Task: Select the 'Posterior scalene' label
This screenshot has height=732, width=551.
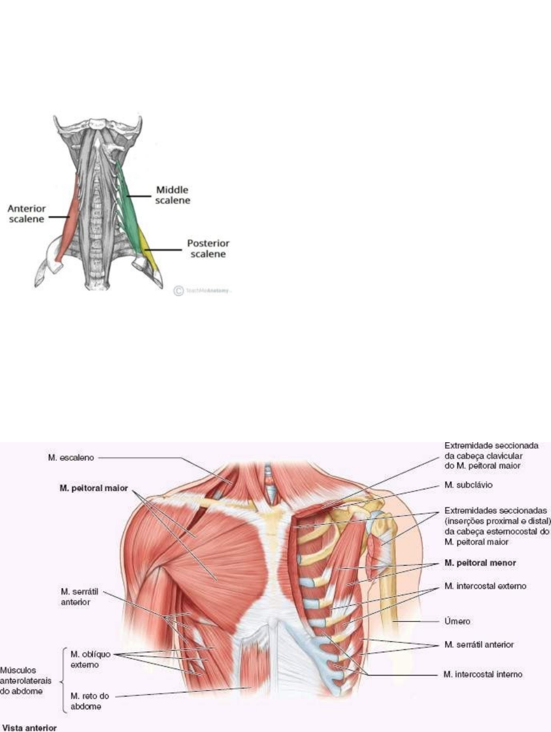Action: [x=208, y=248]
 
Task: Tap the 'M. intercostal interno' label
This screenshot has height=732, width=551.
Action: [x=483, y=675]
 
